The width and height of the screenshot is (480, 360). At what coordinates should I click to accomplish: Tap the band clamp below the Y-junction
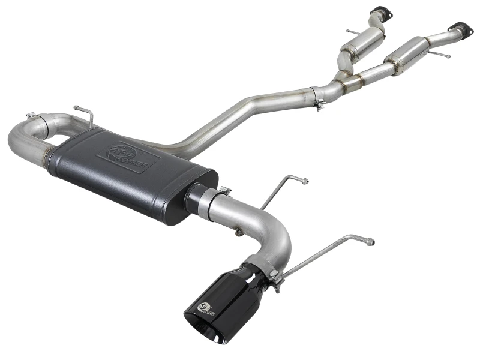point(317,97)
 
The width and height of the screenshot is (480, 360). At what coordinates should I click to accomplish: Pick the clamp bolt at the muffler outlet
point(224,190)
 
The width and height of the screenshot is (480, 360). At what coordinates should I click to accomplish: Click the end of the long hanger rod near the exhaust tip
point(370,242)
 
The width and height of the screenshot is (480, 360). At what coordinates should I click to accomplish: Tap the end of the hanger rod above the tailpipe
point(305,180)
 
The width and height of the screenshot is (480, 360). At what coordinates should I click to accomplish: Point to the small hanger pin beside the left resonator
point(350,32)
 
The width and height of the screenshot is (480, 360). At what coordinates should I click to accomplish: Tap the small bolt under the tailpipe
point(239,231)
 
